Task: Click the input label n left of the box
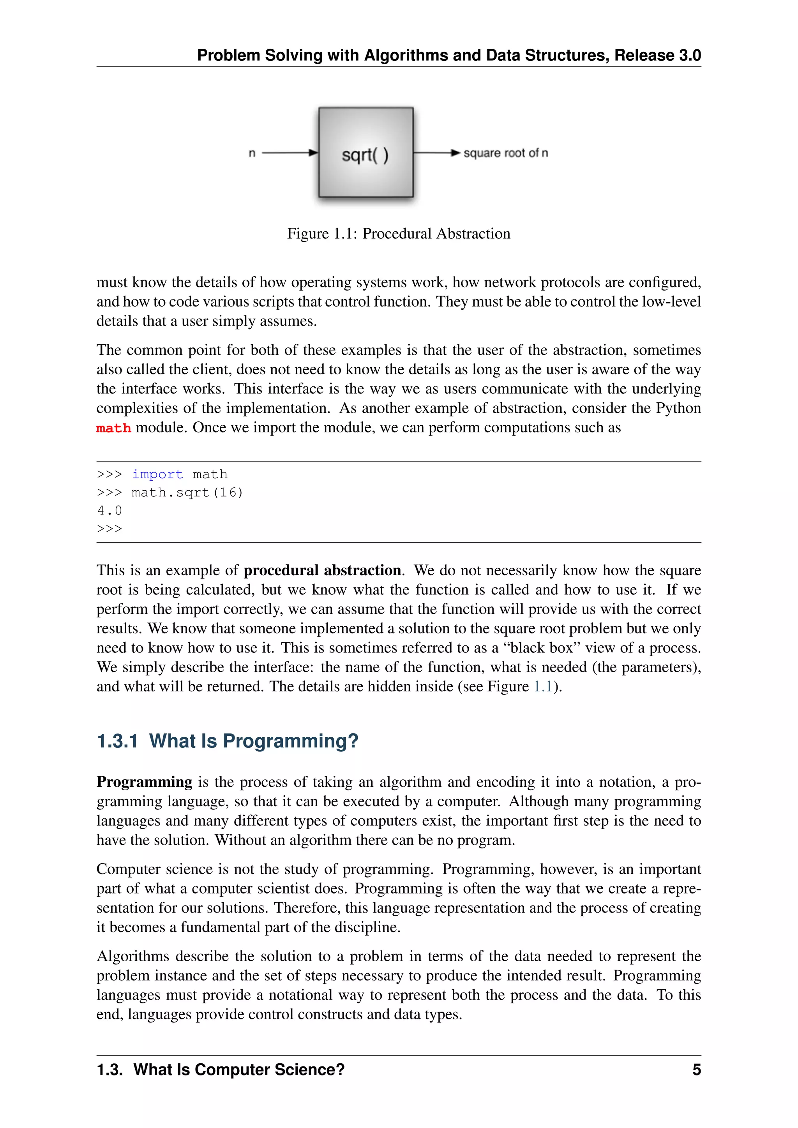(x=252, y=153)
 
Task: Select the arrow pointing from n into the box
(x=290, y=153)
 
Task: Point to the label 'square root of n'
(x=506, y=153)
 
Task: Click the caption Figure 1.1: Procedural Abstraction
(x=399, y=233)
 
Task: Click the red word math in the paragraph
(x=113, y=428)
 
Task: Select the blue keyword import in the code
(x=157, y=474)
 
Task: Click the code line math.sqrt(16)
(x=187, y=492)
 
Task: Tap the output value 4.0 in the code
(x=109, y=511)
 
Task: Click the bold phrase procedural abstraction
(x=322, y=570)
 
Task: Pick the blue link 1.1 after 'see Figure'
(x=543, y=686)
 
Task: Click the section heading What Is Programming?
(x=254, y=741)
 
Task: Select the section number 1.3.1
(x=117, y=741)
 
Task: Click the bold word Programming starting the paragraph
(x=144, y=782)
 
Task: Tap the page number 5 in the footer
(x=696, y=1070)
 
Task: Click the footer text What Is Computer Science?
(x=239, y=1070)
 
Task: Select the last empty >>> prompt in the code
(x=109, y=529)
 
